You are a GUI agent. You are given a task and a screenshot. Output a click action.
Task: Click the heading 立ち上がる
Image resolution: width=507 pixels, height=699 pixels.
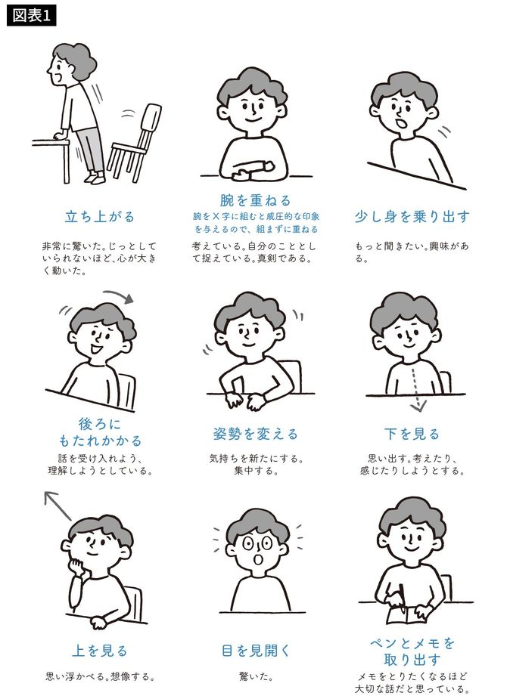(99, 217)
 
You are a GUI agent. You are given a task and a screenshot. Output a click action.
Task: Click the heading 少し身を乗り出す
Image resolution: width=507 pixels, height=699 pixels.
(412, 217)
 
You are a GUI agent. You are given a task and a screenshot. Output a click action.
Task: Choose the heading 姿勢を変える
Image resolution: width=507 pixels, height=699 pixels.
(255, 435)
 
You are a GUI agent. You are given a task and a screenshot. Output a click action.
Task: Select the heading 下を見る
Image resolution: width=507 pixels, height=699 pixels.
(412, 435)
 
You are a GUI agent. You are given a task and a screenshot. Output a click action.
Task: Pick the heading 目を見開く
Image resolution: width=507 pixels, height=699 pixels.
(255, 651)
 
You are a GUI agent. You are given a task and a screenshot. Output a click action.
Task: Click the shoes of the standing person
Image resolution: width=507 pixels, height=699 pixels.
(94, 178)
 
